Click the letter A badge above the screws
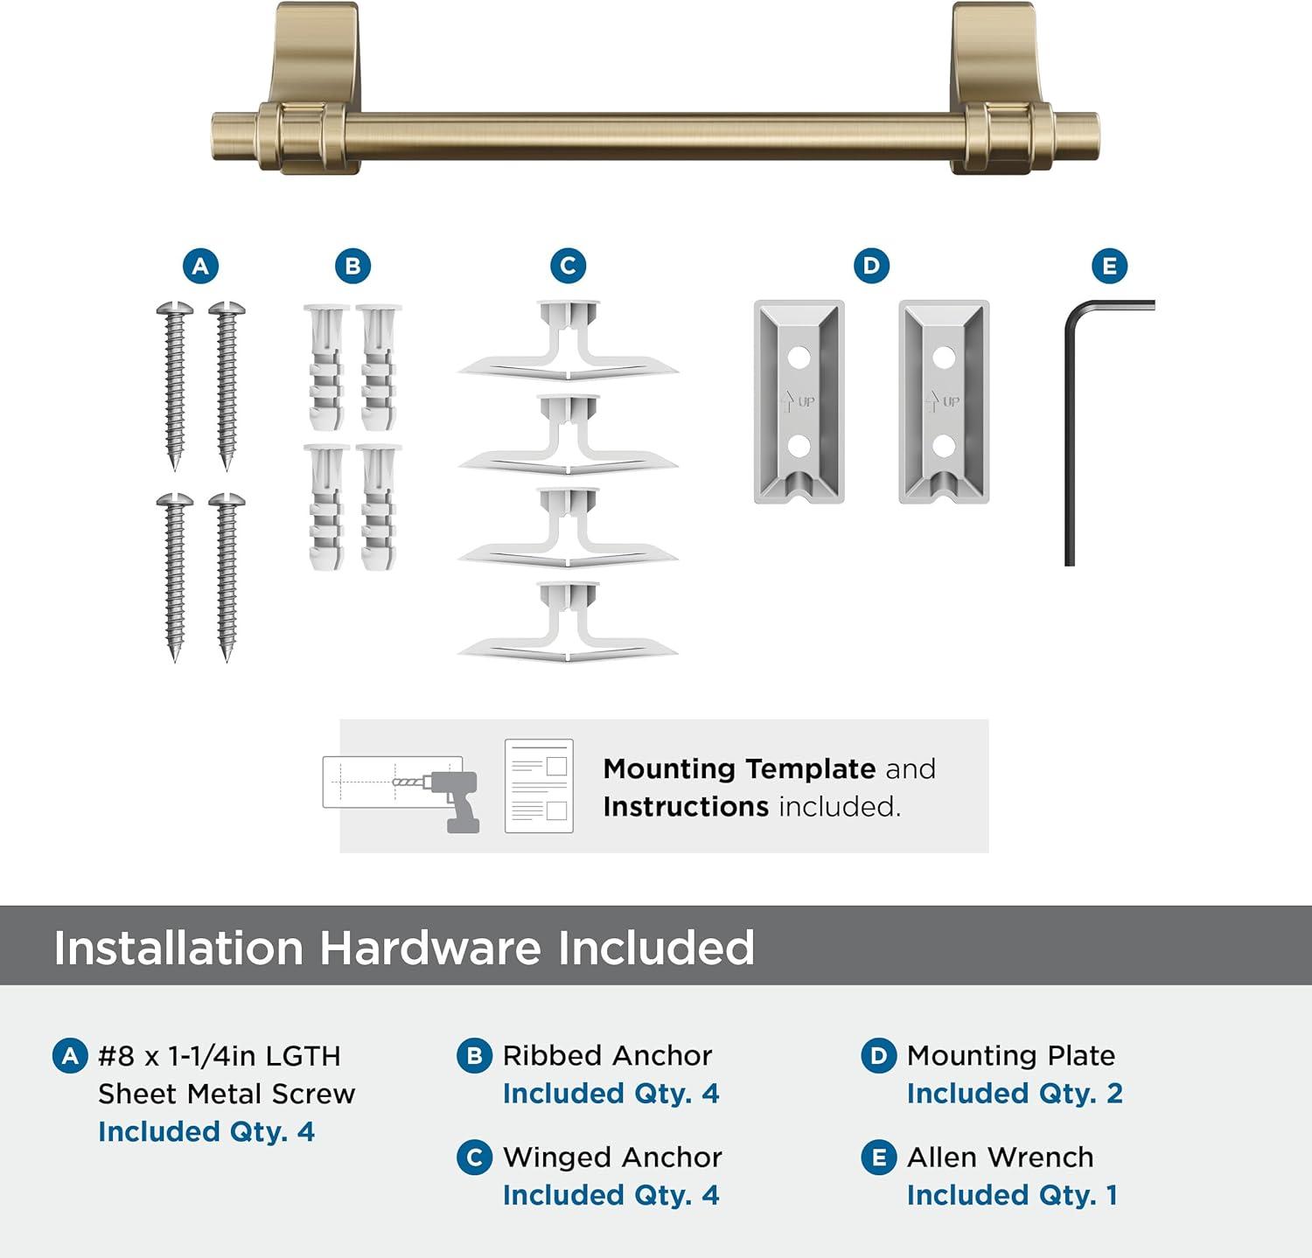click(x=200, y=266)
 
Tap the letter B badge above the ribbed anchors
click(x=352, y=266)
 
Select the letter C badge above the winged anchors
click(x=568, y=266)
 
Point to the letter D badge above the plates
click(x=871, y=266)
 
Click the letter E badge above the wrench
click(x=1110, y=266)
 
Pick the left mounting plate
click(x=799, y=402)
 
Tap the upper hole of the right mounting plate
click(x=943, y=358)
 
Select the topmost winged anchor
click(x=569, y=341)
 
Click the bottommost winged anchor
click(x=569, y=622)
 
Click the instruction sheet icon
click(x=539, y=786)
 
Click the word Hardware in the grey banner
click(x=430, y=948)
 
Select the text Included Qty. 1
click(x=1012, y=1195)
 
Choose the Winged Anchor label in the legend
click(x=612, y=1157)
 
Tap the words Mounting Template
click(x=739, y=768)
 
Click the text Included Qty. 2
click(x=1015, y=1094)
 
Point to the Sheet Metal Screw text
click(x=227, y=1094)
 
